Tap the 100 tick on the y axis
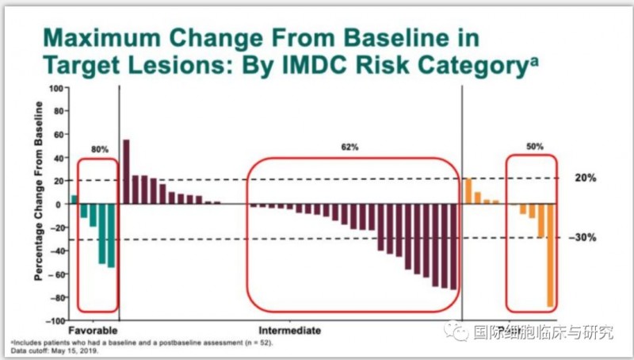coord(58,87)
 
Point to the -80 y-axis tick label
coord(57,298)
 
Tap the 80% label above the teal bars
coord(100,147)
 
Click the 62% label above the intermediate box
coord(350,147)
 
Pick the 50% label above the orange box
coord(536,147)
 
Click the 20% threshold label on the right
coord(585,178)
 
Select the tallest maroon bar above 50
coord(127,171)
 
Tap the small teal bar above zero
coord(74,199)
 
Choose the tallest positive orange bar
coord(468,191)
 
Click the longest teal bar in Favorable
coord(112,236)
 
